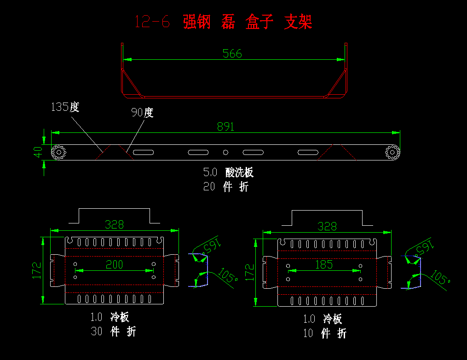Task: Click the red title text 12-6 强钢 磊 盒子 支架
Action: [x=223, y=22]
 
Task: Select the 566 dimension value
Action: [x=232, y=53]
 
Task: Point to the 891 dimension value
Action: [x=226, y=126]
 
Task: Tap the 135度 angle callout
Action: [x=65, y=107]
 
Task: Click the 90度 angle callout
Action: [x=142, y=112]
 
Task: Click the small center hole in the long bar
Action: [x=225, y=152]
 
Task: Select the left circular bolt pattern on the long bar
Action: [x=59, y=152]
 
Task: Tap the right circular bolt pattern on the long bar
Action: [x=392, y=152]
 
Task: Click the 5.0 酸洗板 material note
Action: [x=228, y=172]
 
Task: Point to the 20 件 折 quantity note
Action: [x=225, y=187]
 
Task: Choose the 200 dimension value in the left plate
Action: [x=114, y=264]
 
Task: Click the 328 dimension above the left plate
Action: [x=114, y=224]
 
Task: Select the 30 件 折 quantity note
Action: [x=113, y=331]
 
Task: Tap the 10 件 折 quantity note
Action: [x=324, y=333]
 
